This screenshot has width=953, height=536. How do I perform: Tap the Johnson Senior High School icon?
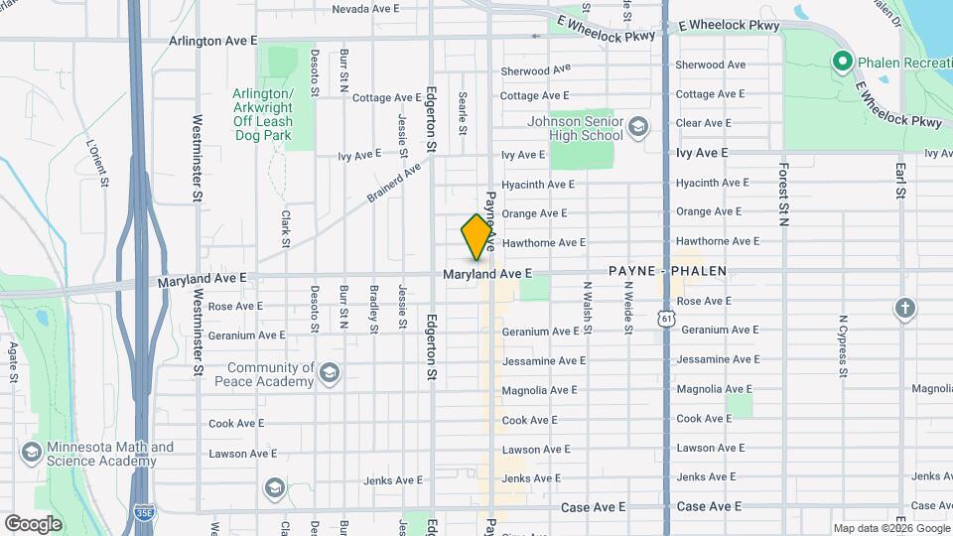[637, 127]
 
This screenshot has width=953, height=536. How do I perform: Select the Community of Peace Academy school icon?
[330, 373]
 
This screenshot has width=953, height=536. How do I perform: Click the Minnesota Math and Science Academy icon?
[32, 454]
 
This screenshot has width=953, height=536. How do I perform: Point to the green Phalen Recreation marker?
[843, 63]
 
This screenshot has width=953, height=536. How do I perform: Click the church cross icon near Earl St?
[904, 308]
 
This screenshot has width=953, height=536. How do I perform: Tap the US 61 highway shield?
[665, 317]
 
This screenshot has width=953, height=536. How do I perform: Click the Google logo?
[33, 523]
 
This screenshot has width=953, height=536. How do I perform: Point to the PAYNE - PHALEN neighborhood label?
[667, 271]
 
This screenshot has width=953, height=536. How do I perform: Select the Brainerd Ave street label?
[394, 182]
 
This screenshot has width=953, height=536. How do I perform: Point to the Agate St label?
[13, 362]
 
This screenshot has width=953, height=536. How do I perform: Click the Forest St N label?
[783, 194]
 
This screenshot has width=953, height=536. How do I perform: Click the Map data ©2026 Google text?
[889, 528]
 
